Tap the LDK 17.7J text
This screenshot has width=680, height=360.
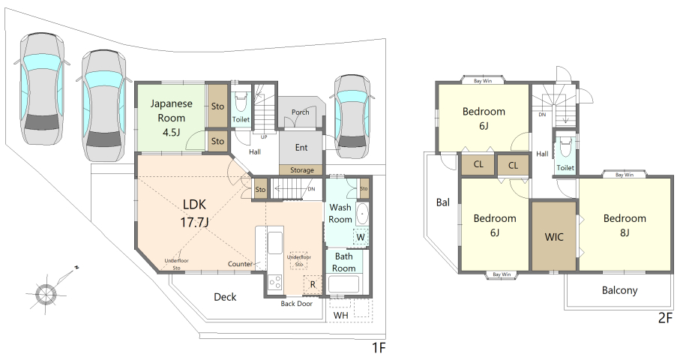[x=194, y=213]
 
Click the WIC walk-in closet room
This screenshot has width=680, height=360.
[x=554, y=236]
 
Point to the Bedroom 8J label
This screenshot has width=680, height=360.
[x=625, y=225]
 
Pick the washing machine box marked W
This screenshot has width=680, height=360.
[x=361, y=237]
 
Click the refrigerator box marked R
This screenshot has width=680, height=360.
[x=313, y=284]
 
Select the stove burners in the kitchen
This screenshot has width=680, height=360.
[x=275, y=282]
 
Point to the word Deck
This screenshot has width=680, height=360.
[x=225, y=297]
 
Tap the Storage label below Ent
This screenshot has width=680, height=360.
[x=302, y=170]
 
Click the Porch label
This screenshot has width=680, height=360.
[x=300, y=112]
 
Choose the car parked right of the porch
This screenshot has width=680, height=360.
[x=352, y=117]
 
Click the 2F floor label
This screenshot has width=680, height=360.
[x=665, y=318]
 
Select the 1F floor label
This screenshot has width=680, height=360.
[x=379, y=348]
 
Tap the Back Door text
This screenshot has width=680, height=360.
[x=297, y=304]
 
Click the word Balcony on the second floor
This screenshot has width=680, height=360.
[x=620, y=290]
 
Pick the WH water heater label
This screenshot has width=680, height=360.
[x=341, y=315]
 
